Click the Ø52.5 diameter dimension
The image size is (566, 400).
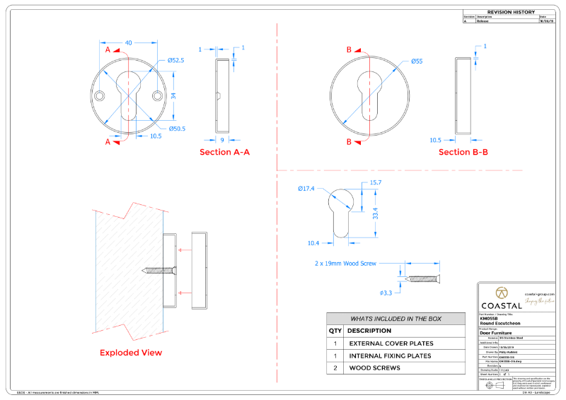click(175, 61)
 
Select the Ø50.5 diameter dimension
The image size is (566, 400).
click(176, 129)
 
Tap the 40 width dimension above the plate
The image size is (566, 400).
click(129, 43)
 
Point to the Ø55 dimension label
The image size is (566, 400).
click(417, 61)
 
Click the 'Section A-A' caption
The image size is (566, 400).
click(224, 152)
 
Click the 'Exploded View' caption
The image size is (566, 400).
click(130, 353)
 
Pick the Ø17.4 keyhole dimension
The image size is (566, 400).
click(306, 189)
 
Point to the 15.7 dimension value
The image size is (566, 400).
click(375, 183)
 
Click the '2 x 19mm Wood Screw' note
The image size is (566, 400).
click(346, 263)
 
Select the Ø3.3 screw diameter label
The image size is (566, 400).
click(386, 293)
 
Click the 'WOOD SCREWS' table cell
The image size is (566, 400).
click(374, 367)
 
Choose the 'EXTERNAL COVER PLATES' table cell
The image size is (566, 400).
click(391, 343)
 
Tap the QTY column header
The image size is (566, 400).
click(335, 331)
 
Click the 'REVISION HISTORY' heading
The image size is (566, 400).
click(511, 12)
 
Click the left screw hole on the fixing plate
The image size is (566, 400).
click(100, 95)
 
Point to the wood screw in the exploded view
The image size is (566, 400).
click(160, 269)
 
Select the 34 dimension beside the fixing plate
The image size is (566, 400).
click(173, 95)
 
